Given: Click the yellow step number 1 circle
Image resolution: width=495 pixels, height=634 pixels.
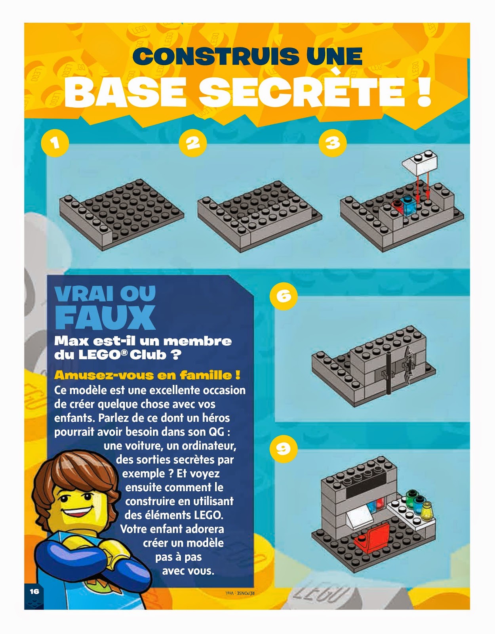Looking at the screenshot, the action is pos(55,143).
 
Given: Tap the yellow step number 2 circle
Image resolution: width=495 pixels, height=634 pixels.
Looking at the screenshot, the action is pos(193,143).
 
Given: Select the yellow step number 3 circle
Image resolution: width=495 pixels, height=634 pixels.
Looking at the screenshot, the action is pos(333,143).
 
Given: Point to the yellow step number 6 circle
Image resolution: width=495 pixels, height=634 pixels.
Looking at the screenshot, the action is pos(284,297).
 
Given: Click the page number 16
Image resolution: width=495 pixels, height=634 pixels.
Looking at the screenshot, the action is pos(34,591).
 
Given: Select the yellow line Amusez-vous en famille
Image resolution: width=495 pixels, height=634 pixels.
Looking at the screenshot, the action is pos(147,375).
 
